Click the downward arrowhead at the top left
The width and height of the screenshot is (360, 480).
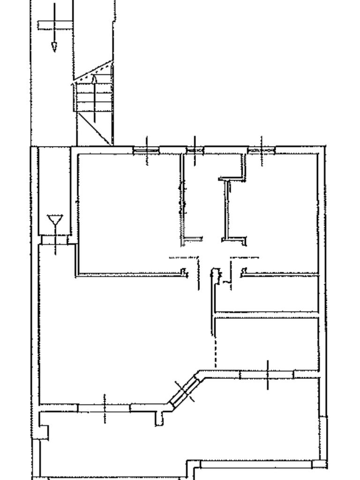pyautogui.click(x=54, y=46)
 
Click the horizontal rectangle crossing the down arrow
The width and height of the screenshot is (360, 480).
pyautogui.click(x=55, y=25)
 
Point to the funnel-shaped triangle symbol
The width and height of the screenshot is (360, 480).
pyautogui.click(x=55, y=220)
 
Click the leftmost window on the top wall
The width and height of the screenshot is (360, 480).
pyautogui.click(x=146, y=150)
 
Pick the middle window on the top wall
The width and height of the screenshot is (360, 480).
pyautogui.click(x=195, y=150)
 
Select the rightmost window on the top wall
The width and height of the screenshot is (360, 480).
pyautogui.click(x=262, y=150)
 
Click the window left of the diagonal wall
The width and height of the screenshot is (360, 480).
pyautogui.click(x=104, y=408)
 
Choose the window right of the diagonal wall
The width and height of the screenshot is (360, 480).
pyautogui.click(x=267, y=374)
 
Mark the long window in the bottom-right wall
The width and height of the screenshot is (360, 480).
pyautogui.click(x=256, y=464)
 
